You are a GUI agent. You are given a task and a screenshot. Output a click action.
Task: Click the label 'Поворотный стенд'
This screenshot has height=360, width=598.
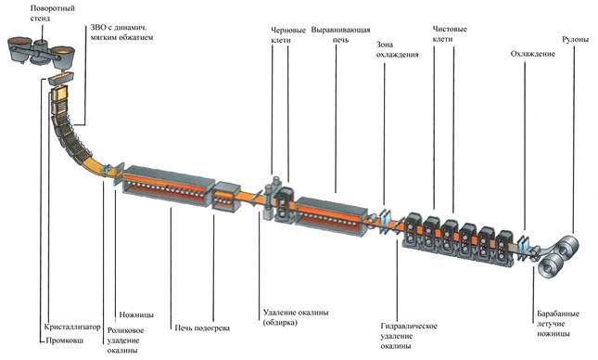[52, 13]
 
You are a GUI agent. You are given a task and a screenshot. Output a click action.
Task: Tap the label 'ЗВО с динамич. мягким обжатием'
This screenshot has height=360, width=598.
[121, 32]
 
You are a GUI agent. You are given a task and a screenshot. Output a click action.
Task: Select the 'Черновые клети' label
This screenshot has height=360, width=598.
[288, 34]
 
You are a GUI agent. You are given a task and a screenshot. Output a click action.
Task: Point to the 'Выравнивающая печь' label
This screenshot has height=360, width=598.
[340, 34]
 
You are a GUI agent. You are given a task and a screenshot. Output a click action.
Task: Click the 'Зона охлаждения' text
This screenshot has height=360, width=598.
[397, 49]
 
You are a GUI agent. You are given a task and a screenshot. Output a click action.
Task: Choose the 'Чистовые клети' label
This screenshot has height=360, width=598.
[450, 33]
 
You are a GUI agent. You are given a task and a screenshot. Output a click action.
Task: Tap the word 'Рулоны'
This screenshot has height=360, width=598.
[576, 39]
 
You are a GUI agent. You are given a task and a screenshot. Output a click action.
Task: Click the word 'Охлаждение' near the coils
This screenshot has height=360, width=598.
[532, 54]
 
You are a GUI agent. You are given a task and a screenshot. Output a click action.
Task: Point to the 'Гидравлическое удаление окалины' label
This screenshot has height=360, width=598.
[409, 336]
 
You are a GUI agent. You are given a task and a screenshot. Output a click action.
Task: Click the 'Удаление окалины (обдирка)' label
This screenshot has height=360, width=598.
[296, 317]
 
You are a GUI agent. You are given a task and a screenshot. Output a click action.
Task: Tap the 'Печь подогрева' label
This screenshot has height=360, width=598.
[202, 328]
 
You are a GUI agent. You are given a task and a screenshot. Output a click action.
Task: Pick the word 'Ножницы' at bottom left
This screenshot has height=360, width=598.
[136, 315]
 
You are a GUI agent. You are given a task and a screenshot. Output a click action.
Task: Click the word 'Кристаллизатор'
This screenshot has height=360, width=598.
[72, 327]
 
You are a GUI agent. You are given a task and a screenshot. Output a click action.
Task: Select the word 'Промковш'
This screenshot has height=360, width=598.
[65, 341]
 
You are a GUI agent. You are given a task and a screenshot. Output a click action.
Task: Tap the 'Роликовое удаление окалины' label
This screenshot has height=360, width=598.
[125, 341]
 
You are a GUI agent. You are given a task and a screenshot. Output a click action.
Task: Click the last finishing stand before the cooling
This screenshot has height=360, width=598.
[505, 248]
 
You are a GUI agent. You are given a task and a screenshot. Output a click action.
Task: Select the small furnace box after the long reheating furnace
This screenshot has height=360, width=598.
[226, 197]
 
